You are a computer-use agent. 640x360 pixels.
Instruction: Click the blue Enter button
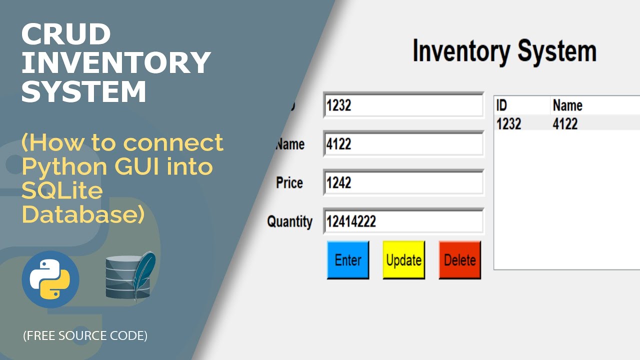[348, 260]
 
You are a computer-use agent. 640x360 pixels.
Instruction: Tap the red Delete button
[459, 260]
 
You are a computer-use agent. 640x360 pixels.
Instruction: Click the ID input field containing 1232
[403, 105]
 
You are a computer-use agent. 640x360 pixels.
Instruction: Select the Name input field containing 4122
[403, 144]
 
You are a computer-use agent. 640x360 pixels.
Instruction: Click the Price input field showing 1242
[403, 182]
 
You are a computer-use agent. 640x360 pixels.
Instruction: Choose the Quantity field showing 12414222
[403, 221]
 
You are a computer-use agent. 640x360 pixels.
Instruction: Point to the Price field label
[289, 183]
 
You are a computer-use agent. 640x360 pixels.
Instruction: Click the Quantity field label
[289, 221]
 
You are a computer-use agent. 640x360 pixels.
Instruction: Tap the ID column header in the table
[501, 105]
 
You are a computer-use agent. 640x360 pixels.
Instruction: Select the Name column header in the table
[567, 105]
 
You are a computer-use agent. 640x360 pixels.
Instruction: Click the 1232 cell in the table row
[509, 123]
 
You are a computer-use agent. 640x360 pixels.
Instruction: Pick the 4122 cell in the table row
[565, 123]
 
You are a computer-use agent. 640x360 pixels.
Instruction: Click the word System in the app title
[556, 51]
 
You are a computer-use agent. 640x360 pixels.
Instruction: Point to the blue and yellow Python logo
[50, 279]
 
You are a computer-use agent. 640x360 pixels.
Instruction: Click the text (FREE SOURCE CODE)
[85, 336]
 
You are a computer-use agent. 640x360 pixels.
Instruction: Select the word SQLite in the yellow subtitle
[62, 190]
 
